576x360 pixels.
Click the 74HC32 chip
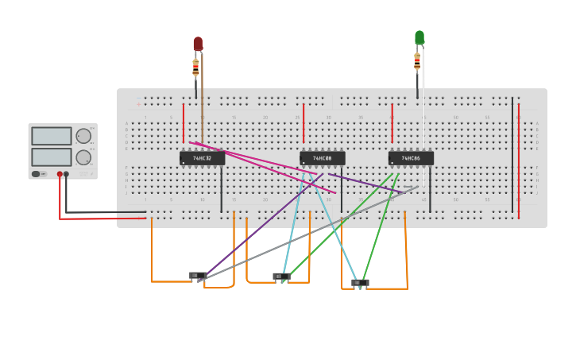click(202, 158)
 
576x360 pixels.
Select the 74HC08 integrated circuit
click(323, 158)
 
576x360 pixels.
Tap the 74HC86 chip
click(411, 158)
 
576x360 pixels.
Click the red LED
click(198, 44)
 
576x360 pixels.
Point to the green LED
click(419, 37)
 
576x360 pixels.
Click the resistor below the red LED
click(195, 68)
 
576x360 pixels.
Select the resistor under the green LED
click(417, 60)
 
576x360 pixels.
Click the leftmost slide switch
click(198, 276)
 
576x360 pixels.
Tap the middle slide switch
click(281, 277)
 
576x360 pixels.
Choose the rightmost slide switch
click(360, 282)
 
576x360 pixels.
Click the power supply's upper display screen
click(52, 136)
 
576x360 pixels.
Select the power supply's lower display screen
click(52, 157)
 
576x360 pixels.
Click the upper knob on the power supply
click(83, 136)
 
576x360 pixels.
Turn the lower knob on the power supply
click(83, 157)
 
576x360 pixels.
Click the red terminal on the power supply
click(60, 174)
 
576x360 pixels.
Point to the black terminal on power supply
click(66, 174)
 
